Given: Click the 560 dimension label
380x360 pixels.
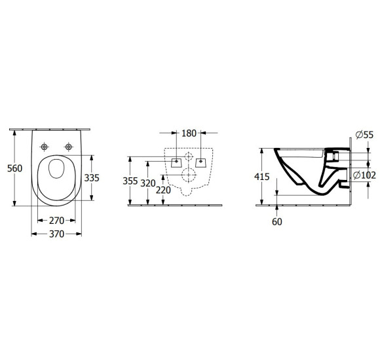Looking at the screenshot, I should click(14, 168).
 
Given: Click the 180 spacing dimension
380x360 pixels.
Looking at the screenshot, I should click(189, 134).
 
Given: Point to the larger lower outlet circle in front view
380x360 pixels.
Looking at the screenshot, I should click(189, 175).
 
